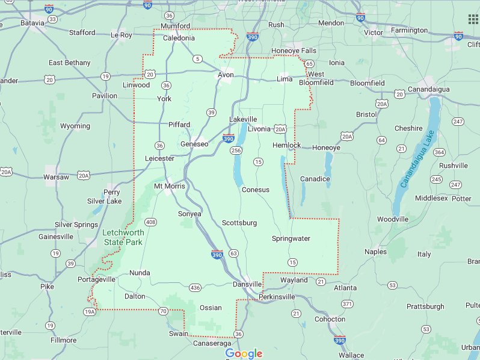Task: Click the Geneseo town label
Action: [194, 144]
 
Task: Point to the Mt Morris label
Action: [170, 186]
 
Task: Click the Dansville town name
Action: [247, 284]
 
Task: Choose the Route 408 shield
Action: [150, 222]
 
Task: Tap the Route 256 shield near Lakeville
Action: [236, 150]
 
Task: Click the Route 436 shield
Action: [195, 288]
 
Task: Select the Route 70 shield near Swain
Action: [164, 311]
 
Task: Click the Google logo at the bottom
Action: [244, 353]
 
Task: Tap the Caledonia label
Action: [179, 38]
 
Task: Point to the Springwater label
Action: [291, 238]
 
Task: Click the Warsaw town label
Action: [57, 177]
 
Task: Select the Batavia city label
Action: [32, 23]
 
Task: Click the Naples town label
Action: [375, 252]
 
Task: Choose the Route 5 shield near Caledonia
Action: [197, 58]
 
